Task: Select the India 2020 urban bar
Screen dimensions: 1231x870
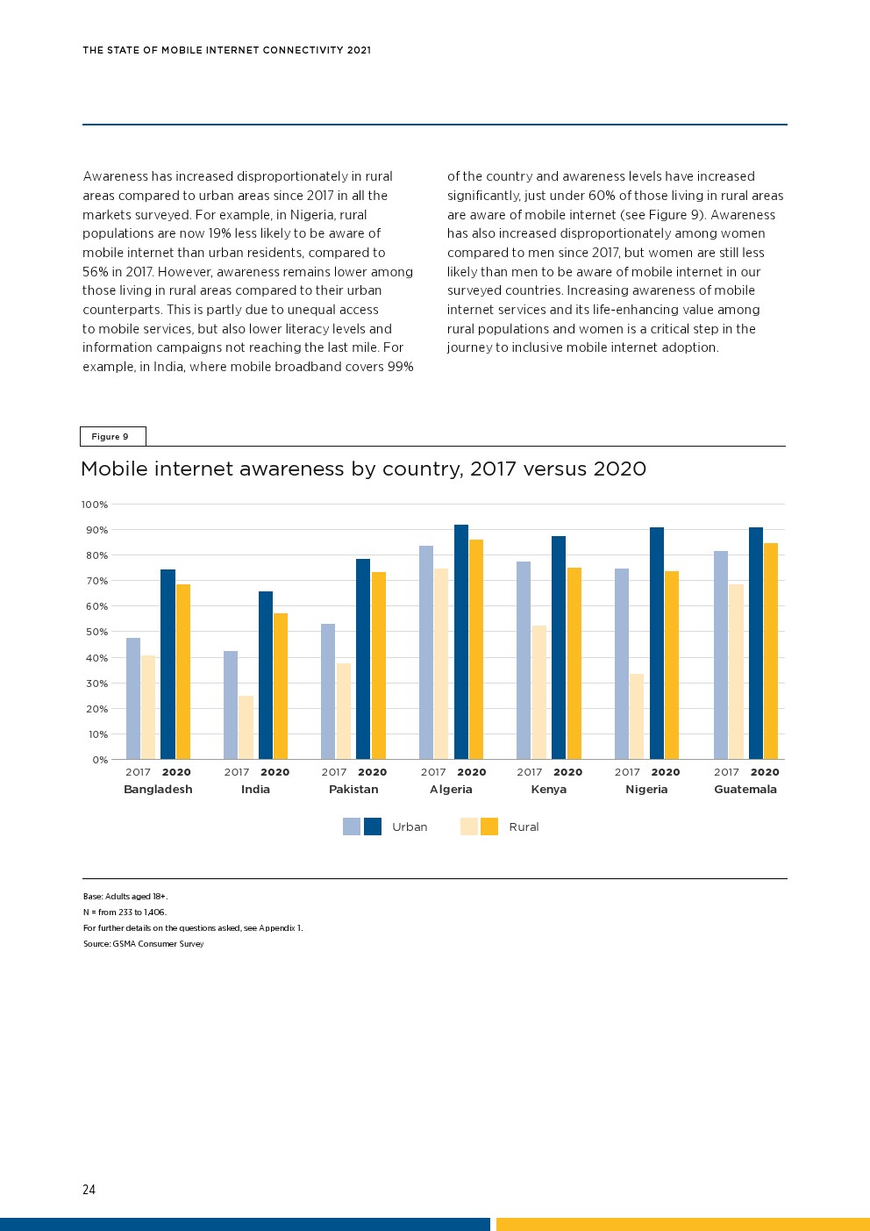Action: [266, 676]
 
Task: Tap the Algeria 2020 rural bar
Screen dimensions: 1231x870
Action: [476, 649]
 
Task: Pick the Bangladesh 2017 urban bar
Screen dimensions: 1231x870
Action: [133, 698]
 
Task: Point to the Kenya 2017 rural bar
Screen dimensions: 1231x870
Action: [538, 692]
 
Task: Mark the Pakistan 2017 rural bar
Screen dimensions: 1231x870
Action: [343, 711]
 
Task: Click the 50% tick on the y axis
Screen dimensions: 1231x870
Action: [96, 632]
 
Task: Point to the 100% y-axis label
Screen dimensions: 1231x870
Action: [95, 505]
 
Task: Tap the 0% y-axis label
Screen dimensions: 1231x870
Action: [100, 760]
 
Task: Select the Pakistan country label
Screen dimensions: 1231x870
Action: [353, 790]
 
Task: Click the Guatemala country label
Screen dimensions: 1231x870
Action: [745, 790]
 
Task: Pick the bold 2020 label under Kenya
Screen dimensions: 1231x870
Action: [567, 772]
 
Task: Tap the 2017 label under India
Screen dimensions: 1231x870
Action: [237, 772]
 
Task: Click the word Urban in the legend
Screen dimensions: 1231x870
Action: [410, 827]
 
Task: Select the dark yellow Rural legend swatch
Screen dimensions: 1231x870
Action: [489, 827]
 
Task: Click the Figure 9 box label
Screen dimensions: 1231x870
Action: [111, 437]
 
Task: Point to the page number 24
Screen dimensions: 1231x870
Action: [89, 1190]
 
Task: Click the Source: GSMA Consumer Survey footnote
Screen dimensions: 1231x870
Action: [143, 944]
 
